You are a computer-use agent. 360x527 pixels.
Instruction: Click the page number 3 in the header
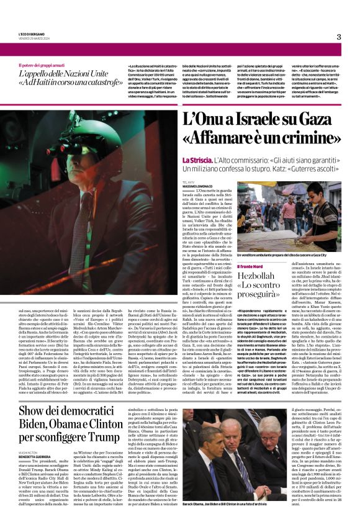coord(339,37)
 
